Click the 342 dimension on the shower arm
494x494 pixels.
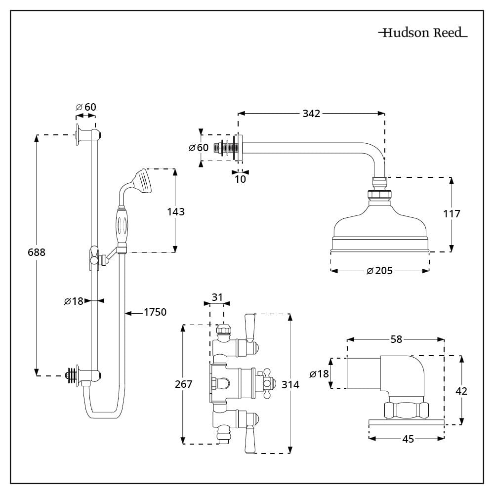(x=311, y=114)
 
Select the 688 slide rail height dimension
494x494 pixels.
(x=36, y=252)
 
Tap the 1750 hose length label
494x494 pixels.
(x=155, y=312)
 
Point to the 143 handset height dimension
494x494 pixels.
(x=175, y=211)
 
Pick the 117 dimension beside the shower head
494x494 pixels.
(x=452, y=213)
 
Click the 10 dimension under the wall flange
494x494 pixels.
(x=240, y=179)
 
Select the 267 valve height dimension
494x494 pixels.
(x=183, y=384)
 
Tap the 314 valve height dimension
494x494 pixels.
(x=290, y=384)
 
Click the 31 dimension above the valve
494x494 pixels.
(x=217, y=297)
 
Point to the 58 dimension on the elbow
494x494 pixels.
(x=396, y=339)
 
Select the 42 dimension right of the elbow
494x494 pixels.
(x=461, y=391)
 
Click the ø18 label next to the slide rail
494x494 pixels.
(x=74, y=300)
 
